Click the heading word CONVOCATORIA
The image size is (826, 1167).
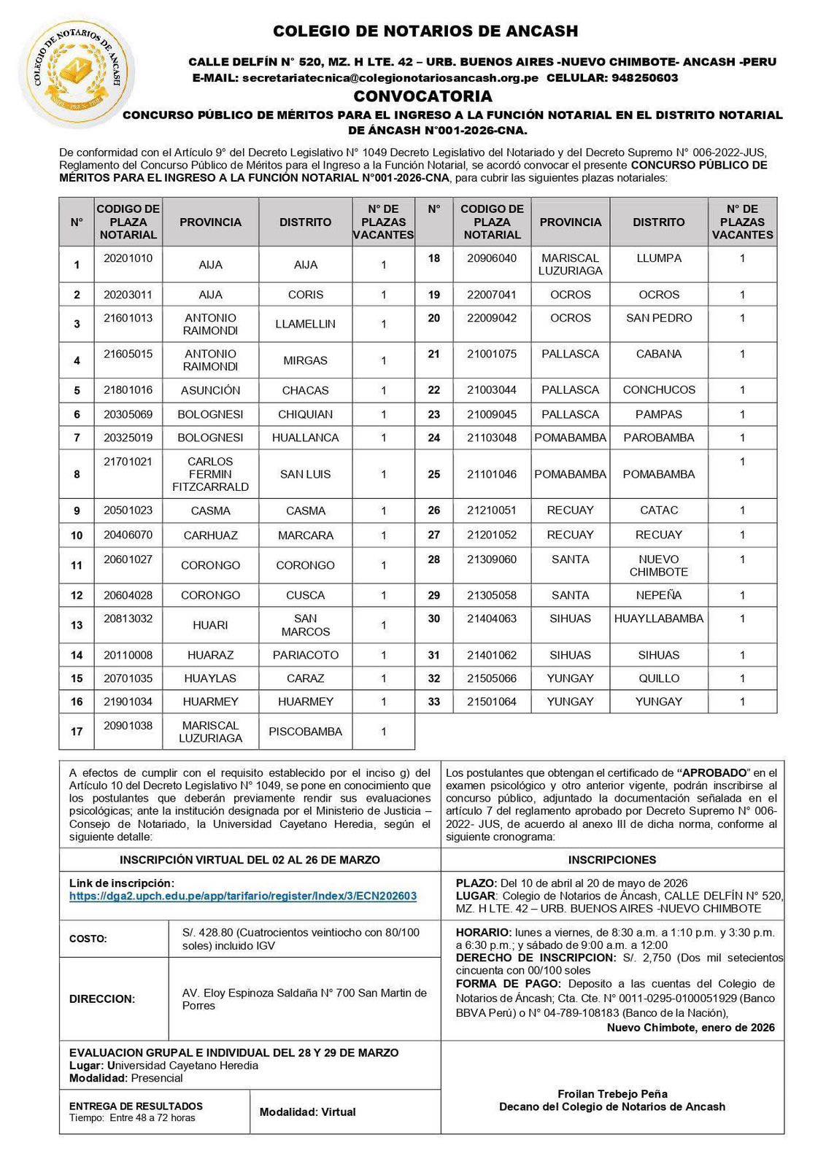(422, 96)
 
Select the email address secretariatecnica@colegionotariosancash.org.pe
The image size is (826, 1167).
(390, 78)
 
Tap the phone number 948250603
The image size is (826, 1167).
(645, 78)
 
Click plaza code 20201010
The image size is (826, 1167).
(128, 258)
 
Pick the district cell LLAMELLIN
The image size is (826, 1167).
(305, 324)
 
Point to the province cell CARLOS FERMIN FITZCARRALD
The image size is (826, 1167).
(210, 474)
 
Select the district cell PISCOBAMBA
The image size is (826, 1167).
(305, 732)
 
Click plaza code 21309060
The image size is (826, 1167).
(492, 559)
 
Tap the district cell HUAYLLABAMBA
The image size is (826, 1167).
(658, 619)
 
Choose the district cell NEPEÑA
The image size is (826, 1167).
(658, 595)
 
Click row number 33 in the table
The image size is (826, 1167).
(434, 702)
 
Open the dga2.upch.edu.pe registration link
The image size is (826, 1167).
(243, 896)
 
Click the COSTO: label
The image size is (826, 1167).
(88, 939)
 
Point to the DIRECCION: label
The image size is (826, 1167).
(102, 999)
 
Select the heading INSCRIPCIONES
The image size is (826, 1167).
(612, 860)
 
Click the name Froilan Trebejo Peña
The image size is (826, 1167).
(612, 1094)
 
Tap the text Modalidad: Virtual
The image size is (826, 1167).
(307, 1112)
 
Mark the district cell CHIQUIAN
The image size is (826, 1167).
(305, 414)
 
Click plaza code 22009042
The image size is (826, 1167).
(492, 318)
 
